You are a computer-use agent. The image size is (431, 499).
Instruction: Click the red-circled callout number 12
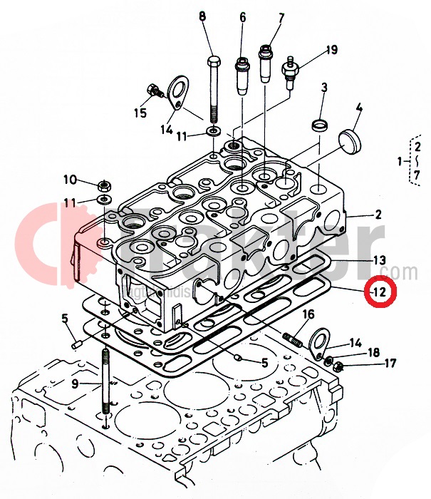click(377, 292)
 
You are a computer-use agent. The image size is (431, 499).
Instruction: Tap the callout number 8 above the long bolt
click(202, 16)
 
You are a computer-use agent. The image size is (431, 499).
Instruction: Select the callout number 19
click(331, 50)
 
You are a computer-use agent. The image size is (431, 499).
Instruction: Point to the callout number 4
click(359, 109)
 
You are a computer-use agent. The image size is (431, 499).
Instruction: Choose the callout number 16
click(308, 314)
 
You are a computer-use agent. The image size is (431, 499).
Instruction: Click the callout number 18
click(373, 352)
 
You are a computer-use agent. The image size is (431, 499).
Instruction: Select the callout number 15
click(140, 113)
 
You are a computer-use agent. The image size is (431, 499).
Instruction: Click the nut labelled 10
click(103, 183)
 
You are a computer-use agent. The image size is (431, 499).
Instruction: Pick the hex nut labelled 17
click(339, 367)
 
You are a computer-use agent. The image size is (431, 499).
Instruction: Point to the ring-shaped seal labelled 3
click(320, 126)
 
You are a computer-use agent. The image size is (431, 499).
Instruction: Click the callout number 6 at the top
click(242, 16)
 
